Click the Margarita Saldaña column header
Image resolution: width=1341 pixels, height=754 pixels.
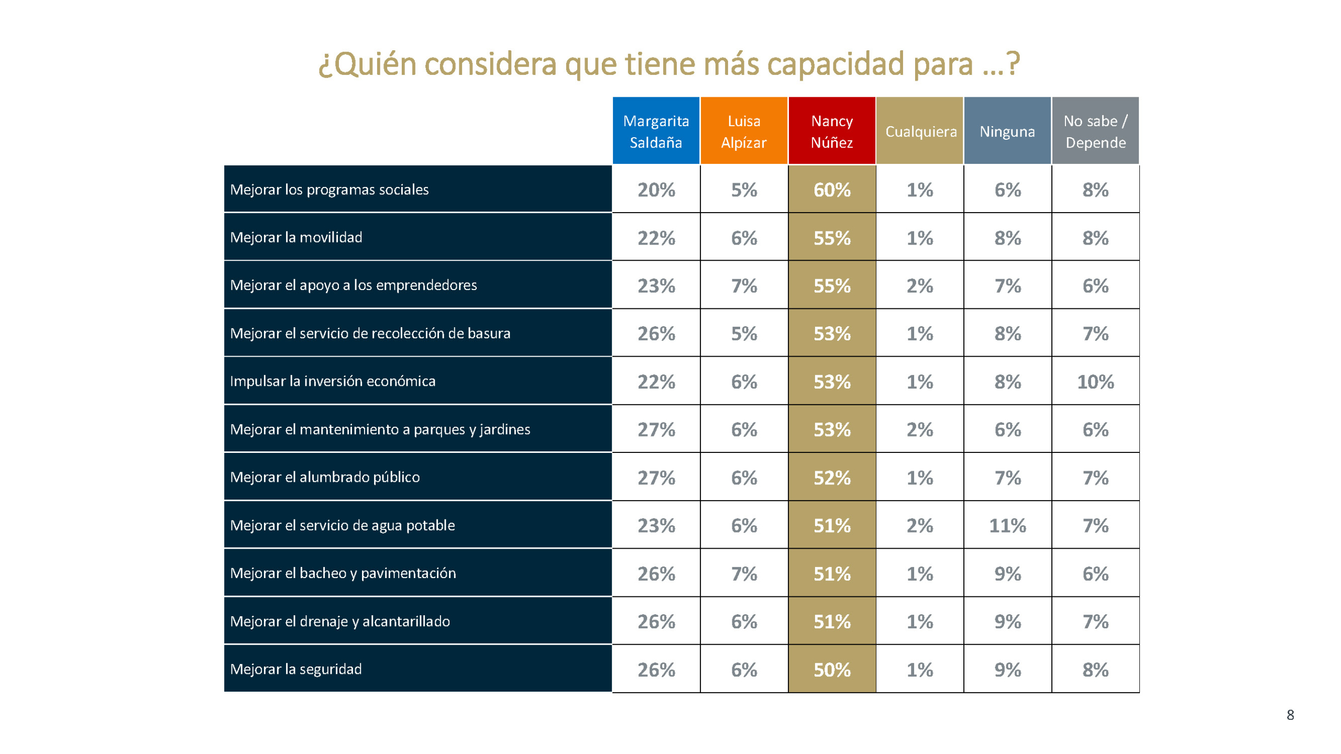click(x=656, y=131)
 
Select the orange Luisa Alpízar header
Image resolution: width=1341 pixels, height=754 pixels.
click(x=744, y=131)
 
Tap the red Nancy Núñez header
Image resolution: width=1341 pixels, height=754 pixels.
click(x=832, y=131)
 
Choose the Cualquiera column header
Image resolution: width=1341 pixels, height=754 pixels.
click(x=920, y=131)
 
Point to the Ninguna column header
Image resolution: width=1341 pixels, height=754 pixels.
click(x=1007, y=131)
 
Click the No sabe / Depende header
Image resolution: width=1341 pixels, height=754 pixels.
click(x=1095, y=131)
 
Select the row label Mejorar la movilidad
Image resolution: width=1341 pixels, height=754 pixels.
click(x=296, y=237)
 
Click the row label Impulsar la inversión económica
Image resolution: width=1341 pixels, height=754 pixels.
click(x=333, y=381)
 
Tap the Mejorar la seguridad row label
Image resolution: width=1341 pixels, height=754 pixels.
click(x=296, y=669)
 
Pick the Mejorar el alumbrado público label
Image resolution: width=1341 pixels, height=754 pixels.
click(x=325, y=477)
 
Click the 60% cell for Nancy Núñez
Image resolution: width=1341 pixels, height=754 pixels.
click(x=832, y=190)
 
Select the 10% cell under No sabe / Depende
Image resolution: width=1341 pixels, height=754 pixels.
click(x=1095, y=382)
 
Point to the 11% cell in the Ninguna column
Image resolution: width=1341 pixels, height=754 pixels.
click(x=1007, y=526)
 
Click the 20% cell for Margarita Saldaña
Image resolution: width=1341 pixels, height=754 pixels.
click(x=656, y=190)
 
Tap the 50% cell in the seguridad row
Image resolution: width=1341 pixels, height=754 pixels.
click(x=832, y=670)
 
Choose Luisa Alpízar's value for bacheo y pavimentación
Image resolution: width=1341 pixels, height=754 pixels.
click(x=744, y=574)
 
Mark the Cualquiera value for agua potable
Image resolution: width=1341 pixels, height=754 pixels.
click(x=920, y=526)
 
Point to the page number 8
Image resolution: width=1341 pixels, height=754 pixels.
click(x=1290, y=715)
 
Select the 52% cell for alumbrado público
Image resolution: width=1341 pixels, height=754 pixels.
click(x=832, y=478)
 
